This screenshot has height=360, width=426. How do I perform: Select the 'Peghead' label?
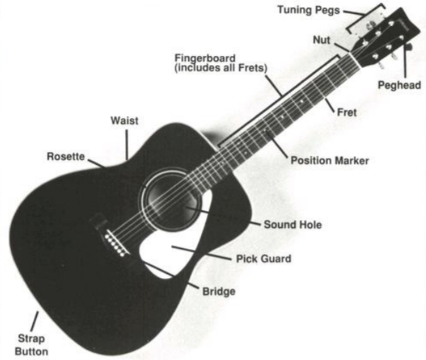click(x=400, y=86)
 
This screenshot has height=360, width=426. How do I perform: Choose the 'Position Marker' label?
click(x=330, y=161)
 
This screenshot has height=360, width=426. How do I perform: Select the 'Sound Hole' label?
click(x=292, y=225)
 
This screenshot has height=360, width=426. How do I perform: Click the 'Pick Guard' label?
click(x=263, y=259)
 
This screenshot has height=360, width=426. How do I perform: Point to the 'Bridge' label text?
click(x=219, y=291)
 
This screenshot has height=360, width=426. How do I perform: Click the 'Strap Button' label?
click(x=29, y=343)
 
